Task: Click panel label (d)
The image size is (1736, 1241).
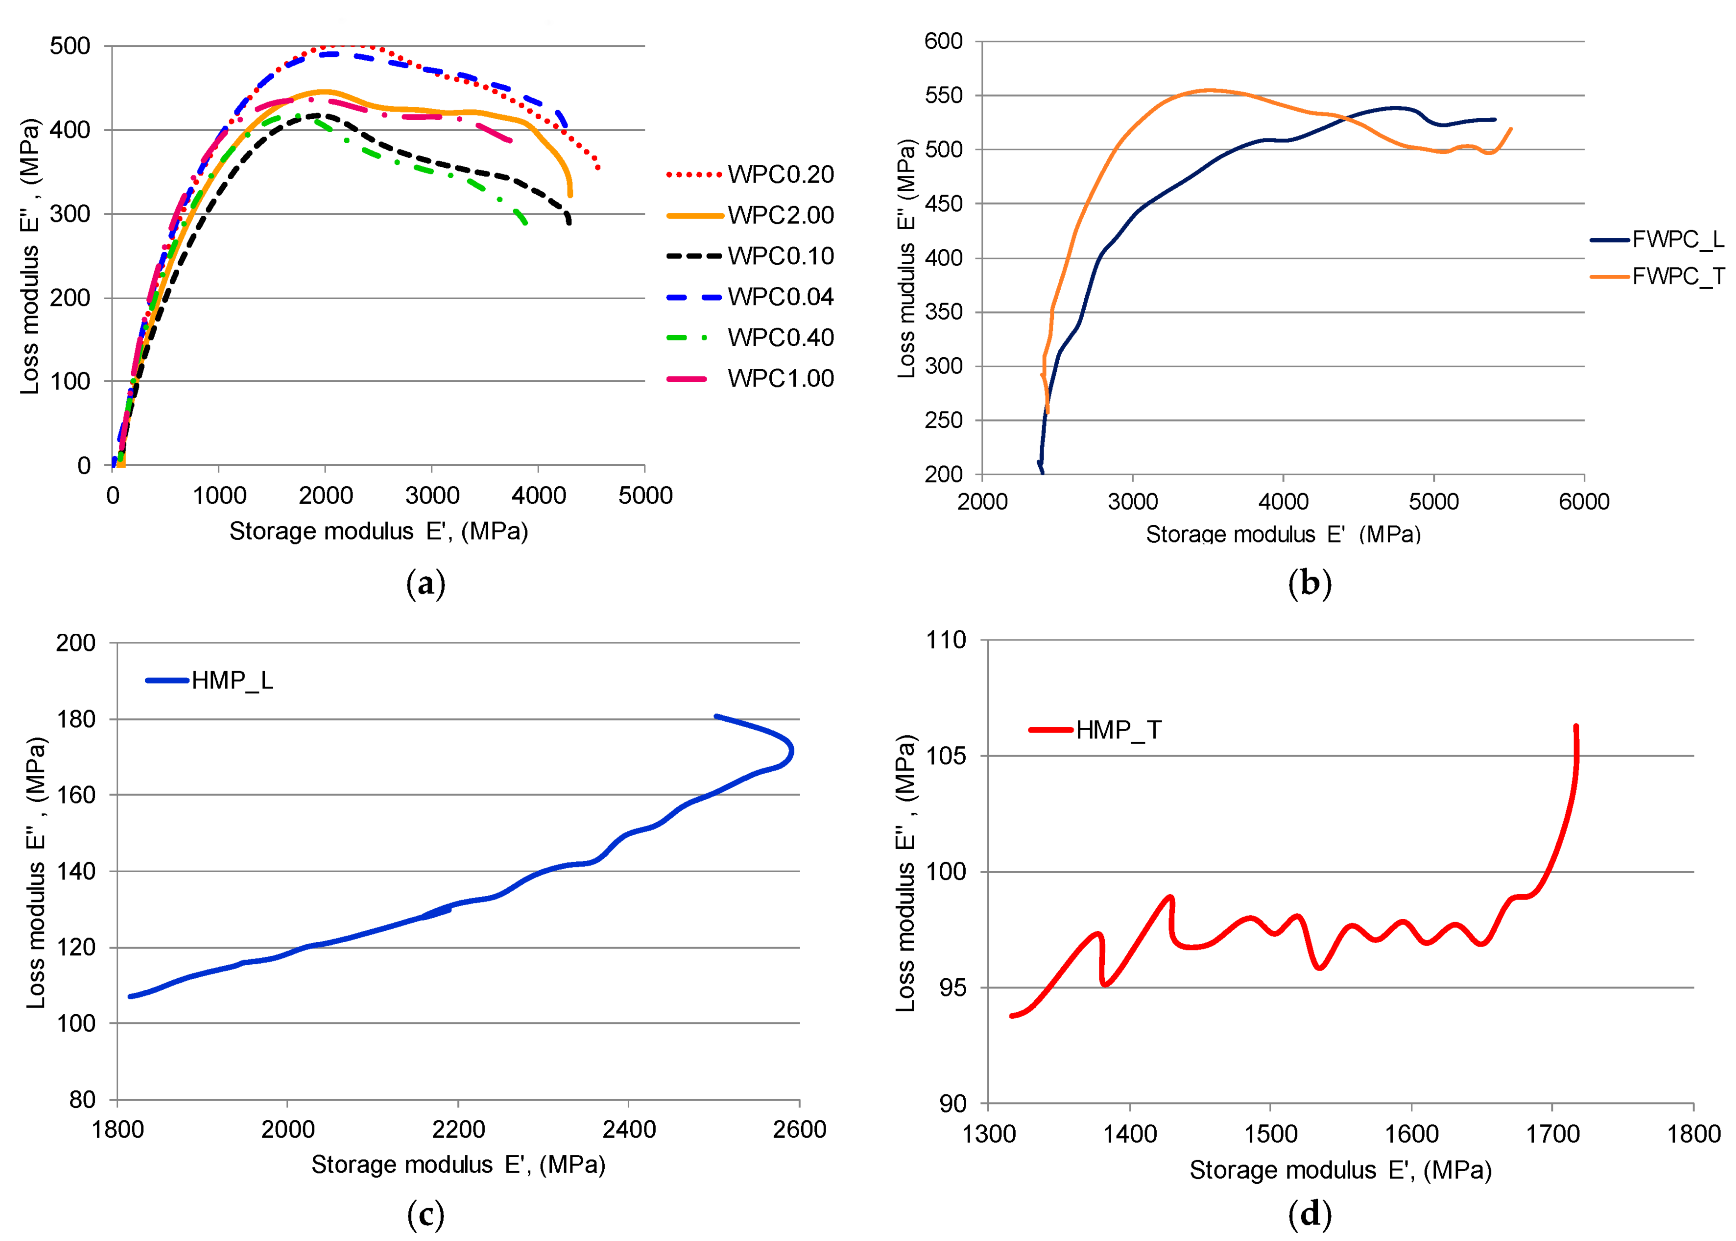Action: [1309, 1214]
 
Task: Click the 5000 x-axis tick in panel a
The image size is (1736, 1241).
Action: [645, 495]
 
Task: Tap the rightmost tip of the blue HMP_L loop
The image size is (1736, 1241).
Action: [792, 751]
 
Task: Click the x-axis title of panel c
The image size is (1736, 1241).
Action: [458, 1165]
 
